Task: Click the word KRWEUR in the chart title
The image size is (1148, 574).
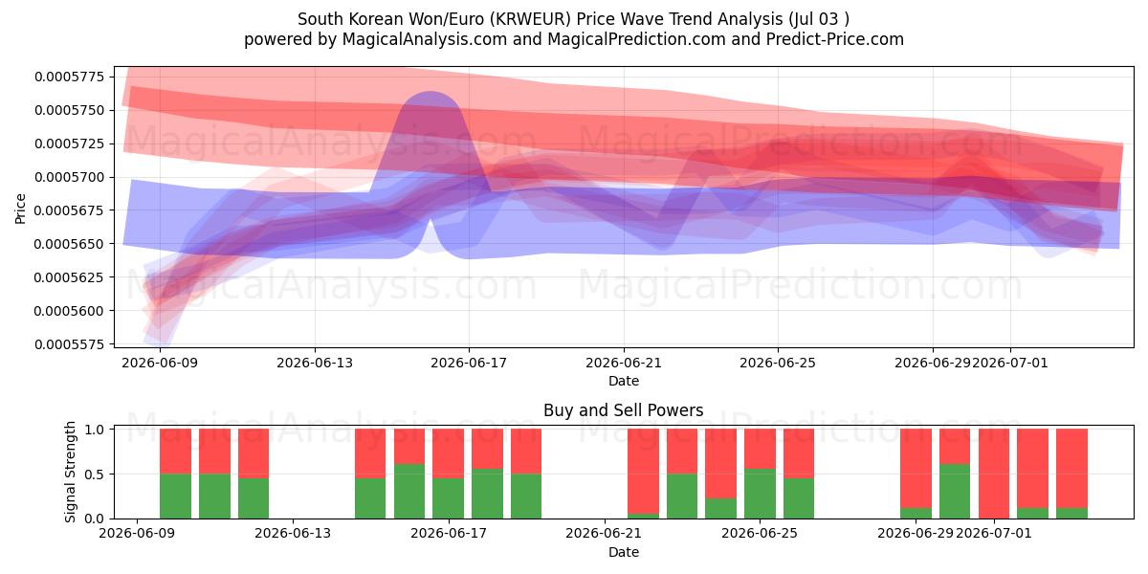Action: (x=530, y=19)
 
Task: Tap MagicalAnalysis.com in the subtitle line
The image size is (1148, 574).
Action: (x=425, y=39)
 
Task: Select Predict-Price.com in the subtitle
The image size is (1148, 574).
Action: (x=835, y=39)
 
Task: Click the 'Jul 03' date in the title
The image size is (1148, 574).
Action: (x=813, y=19)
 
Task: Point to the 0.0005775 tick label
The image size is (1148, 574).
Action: (x=69, y=77)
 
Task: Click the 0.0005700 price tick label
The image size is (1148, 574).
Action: (x=69, y=177)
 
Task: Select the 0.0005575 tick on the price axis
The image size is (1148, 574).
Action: (x=69, y=344)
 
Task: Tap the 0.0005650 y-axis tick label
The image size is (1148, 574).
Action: (x=69, y=244)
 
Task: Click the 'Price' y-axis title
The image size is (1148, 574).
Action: (x=20, y=209)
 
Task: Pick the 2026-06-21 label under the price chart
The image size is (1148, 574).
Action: (x=624, y=363)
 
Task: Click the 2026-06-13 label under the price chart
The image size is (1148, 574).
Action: (x=315, y=363)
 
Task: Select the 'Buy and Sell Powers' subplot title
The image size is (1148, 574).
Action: (x=623, y=410)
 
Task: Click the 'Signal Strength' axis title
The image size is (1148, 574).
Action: (x=70, y=472)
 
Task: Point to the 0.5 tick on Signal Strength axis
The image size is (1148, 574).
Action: (x=95, y=475)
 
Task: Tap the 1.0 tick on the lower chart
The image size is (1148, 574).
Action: (x=95, y=430)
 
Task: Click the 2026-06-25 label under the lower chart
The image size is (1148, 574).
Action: (x=760, y=534)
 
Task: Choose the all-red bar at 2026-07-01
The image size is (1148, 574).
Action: (x=994, y=474)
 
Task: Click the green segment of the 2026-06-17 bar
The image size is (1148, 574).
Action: (x=448, y=498)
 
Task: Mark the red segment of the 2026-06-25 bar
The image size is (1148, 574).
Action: (x=760, y=449)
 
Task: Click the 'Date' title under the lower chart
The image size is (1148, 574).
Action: (x=623, y=552)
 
